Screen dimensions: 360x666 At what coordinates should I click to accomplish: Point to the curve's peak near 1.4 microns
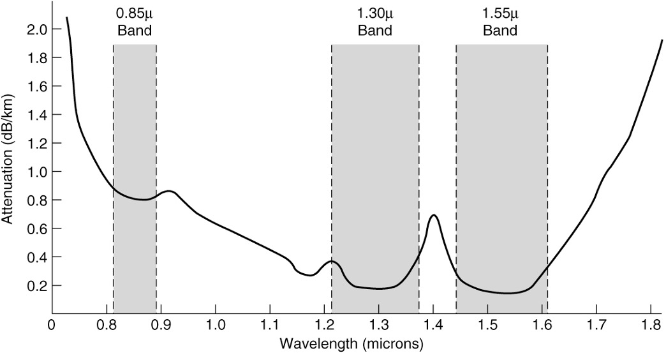pos(434,215)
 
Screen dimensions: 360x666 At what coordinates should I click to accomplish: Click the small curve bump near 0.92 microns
pos(169,191)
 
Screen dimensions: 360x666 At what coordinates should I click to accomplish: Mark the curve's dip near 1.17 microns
pos(309,275)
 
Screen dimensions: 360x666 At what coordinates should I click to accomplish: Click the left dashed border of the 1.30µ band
pos(332,179)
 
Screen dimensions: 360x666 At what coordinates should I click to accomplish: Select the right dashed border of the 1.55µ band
pos(547,179)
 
